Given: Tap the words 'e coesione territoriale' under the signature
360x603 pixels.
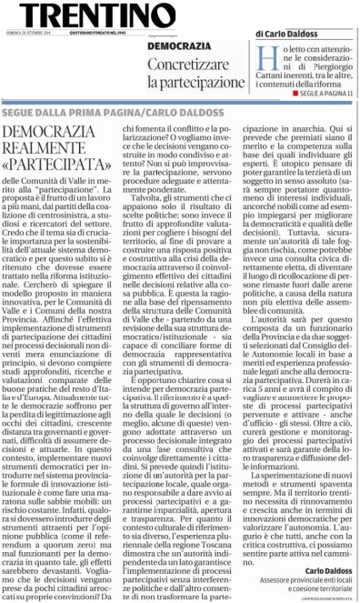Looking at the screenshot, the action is point(322,592).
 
